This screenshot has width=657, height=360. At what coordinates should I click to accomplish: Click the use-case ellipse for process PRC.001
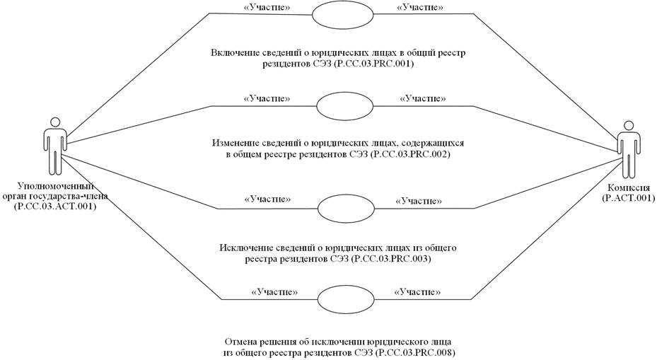pos(337,15)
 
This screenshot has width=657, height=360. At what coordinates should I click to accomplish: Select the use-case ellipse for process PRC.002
pos(337,106)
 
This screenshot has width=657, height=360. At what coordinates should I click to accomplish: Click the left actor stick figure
pos(54,148)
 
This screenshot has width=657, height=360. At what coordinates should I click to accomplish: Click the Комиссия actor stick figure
pos(625,149)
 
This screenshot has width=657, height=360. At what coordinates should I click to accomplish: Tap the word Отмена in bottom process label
pos(238,341)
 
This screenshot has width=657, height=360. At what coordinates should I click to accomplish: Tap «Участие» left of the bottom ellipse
pos(274,291)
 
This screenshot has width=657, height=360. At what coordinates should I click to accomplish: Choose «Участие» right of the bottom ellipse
pos(417,291)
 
